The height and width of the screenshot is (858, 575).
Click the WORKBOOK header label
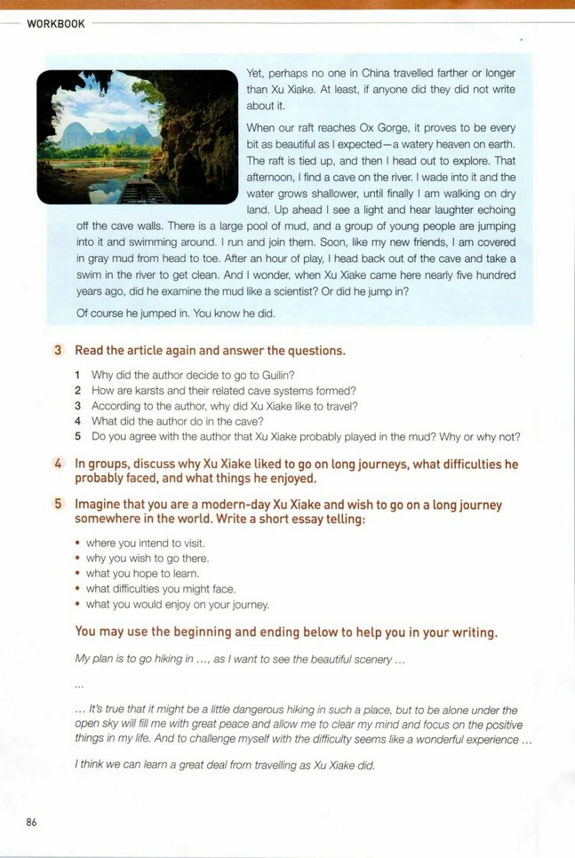56,24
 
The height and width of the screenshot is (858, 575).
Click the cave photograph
137,138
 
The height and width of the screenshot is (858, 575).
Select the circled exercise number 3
58,351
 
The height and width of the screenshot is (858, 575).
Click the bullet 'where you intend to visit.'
145,544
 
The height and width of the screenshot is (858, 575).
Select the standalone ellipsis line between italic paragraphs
79,686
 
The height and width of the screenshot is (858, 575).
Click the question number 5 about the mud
78,437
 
